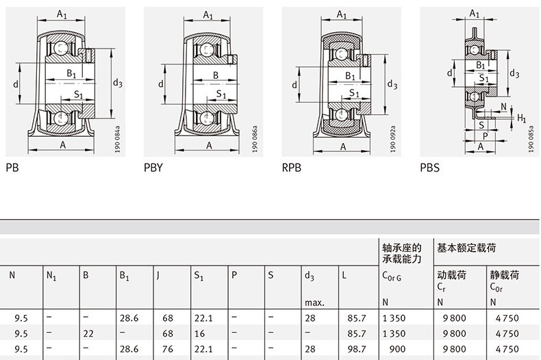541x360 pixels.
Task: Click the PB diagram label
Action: coord(12,166)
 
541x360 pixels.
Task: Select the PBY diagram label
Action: coord(153,166)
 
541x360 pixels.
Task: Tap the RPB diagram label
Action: coord(292,166)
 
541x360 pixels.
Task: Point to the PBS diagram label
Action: coord(430,166)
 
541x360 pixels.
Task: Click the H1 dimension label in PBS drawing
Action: coord(522,118)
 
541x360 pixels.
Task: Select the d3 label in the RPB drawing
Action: coord(392,84)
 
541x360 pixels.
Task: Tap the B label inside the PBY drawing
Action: coord(215,75)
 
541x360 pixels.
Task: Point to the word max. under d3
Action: coord(314,302)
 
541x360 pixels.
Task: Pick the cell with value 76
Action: coord(167,348)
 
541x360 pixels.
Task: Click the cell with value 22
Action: coord(87,333)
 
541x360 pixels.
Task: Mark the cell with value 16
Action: coord(199,333)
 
